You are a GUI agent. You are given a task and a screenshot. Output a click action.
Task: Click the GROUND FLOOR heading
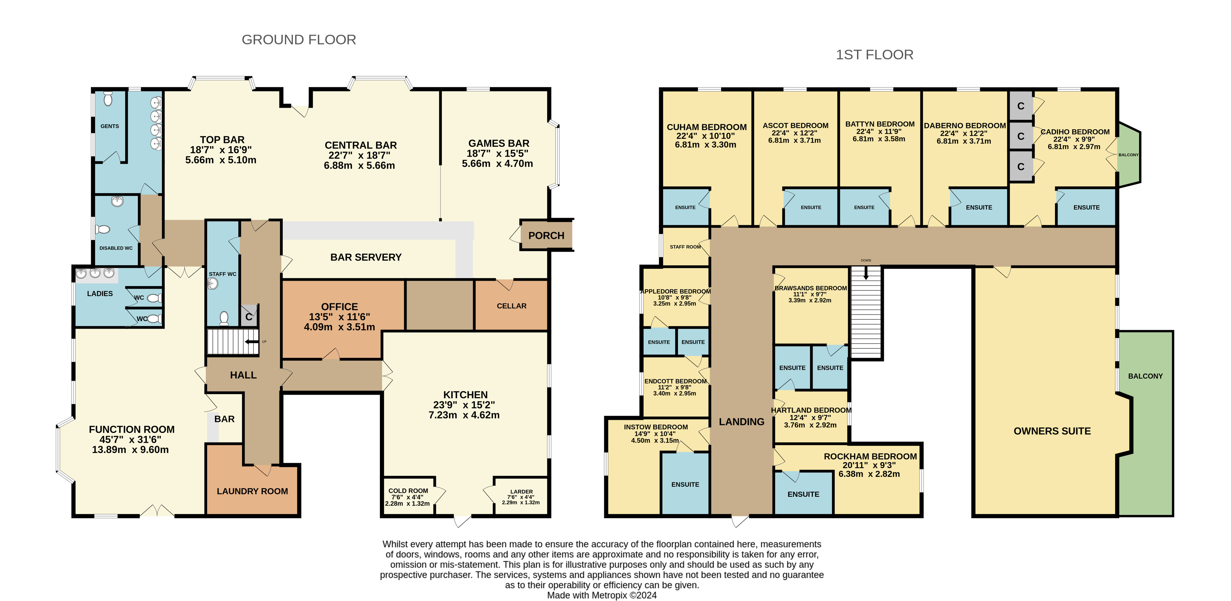[299, 39]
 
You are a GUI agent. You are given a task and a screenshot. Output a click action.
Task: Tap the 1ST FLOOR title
[874, 55]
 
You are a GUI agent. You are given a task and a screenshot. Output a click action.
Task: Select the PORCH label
[546, 235]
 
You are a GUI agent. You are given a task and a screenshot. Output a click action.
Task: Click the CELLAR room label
[511, 306]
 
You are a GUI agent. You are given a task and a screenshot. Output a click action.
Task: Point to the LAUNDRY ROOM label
[252, 491]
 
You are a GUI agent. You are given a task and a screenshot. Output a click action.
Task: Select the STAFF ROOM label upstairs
[685, 247]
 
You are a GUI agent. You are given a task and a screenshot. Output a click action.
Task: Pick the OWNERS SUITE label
[1052, 431]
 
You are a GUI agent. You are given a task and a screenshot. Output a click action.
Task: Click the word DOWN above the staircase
[866, 261]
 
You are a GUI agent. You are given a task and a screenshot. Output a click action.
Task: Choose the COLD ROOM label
[408, 491]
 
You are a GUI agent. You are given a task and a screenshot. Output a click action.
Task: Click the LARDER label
[522, 492]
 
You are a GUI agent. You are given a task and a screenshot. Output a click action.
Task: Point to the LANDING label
[742, 421]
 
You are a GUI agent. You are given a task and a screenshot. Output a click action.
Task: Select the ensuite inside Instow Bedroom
[685, 483]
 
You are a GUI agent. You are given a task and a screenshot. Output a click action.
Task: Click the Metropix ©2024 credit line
[602, 595]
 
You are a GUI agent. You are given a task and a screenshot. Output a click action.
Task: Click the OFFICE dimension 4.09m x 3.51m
[339, 327]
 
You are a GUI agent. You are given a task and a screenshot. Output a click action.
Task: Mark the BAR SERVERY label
[366, 257]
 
